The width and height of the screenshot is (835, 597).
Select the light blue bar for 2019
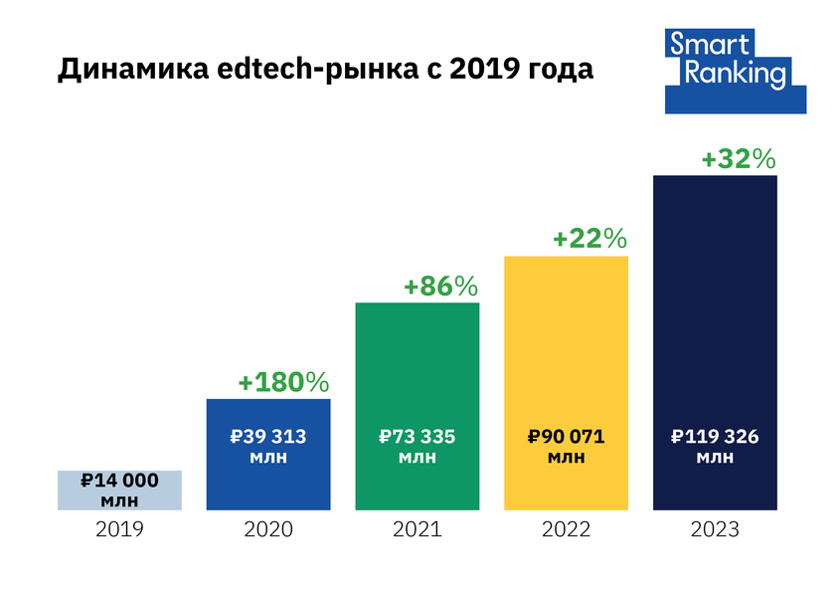click(x=119, y=490)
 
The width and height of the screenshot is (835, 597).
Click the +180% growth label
click(x=283, y=382)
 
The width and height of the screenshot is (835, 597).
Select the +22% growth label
click(x=589, y=239)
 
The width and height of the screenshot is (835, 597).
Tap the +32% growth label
click(x=739, y=159)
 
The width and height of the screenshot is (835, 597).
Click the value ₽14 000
click(x=119, y=480)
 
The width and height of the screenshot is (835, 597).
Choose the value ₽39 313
click(x=268, y=436)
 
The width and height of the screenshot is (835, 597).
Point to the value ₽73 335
click(x=417, y=436)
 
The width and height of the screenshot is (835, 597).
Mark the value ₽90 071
click(x=567, y=436)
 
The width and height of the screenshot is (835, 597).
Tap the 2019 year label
click(x=119, y=529)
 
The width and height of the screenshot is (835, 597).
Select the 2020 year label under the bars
click(x=268, y=529)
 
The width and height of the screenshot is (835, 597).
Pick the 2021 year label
click(x=417, y=529)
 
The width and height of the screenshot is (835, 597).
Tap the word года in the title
click(x=559, y=72)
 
